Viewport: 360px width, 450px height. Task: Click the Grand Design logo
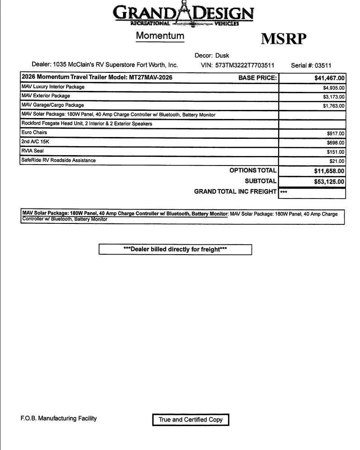click(x=183, y=14)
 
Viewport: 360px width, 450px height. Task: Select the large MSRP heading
click(x=284, y=39)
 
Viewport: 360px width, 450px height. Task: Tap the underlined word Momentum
click(x=160, y=36)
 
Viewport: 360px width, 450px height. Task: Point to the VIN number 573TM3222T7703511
click(x=245, y=65)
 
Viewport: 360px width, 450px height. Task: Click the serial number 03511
click(x=323, y=65)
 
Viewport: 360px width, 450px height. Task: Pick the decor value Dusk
click(x=222, y=56)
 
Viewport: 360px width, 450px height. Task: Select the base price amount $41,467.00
click(x=329, y=78)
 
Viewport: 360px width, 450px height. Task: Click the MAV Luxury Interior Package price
click(x=334, y=88)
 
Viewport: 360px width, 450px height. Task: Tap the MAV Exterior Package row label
click(x=46, y=96)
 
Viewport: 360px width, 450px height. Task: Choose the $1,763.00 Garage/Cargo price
click(x=334, y=106)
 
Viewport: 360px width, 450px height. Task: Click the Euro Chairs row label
click(x=34, y=133)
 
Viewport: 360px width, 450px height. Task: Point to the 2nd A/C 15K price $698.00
click(x=336, y=143)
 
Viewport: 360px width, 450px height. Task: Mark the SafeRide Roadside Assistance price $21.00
click(x=337, y=161)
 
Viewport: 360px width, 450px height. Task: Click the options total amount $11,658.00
click(x=329, y=171)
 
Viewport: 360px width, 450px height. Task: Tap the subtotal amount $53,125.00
click(x=329, y=182)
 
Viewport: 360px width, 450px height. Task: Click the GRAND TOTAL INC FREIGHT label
click(x=235, y=192)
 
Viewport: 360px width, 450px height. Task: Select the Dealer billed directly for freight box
click(x=175, y=249)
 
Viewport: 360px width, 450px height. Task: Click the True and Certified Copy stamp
click(x=190, y=420)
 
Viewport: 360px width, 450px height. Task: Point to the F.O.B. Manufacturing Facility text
click(x=59, y=418)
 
